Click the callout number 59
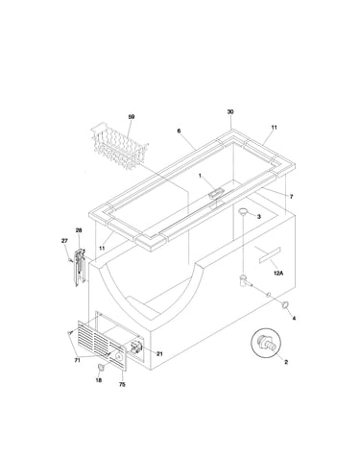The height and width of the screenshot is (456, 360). tap(132, 117)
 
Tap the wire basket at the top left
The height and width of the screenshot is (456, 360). tap(120, 146)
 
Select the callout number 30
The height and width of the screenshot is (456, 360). tap(230, 111)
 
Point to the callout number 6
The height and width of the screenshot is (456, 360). tap(179, 131)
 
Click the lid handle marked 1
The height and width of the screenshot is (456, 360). tap(215, 193)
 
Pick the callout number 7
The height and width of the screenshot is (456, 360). tap(291, 197)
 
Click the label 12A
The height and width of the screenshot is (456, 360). tap(278, 273)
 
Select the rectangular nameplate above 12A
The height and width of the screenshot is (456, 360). tap(270, 255)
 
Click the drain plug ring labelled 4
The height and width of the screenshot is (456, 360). tap(284, 304)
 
